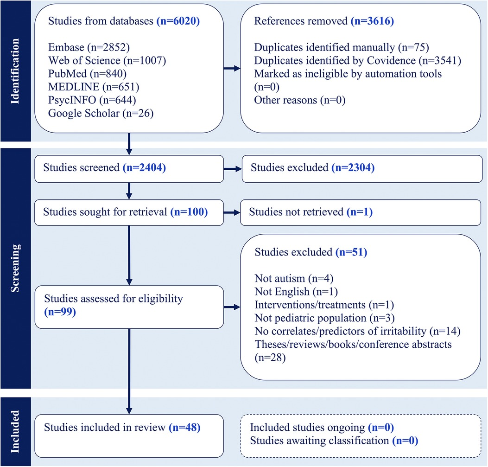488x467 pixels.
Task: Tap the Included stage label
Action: pyautogui.click(x=15, y=431)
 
